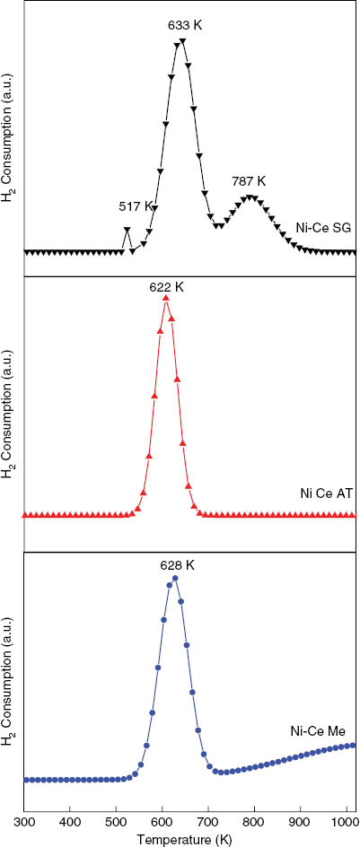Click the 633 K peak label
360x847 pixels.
(x=185, y=23)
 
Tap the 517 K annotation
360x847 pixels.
(x=136, y=206)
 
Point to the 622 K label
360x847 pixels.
(x=167, y=287)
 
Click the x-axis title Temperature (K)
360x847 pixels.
(x=190, y=839)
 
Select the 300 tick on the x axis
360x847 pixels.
(x=24, y=820)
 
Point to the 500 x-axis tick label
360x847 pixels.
(x=116, y=820)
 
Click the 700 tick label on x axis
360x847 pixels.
(x=208, y=820)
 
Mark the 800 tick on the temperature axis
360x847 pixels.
(x=254, y=820)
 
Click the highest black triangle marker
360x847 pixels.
(x=183, y=40)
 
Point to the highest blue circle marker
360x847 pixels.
(x=175, y=579)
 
